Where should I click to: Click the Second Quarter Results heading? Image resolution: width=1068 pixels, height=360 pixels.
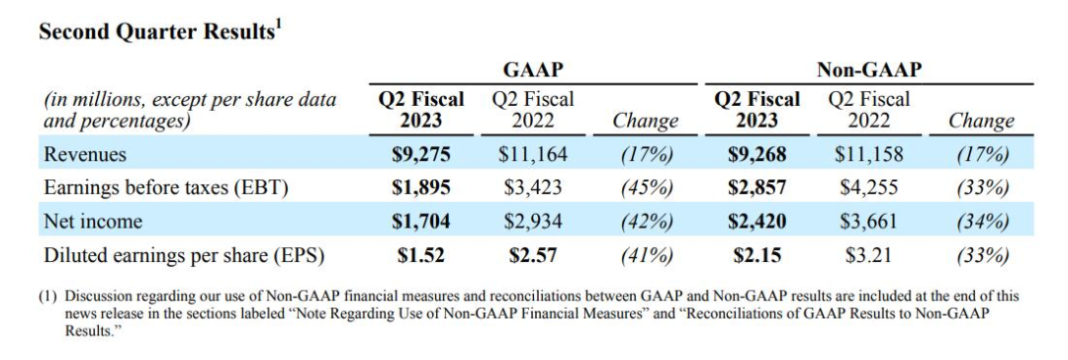(x=159, y=32)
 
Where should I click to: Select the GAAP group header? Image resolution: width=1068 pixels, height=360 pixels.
(x=533, y=70)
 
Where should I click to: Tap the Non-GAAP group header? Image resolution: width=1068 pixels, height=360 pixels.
(x=868, y=70)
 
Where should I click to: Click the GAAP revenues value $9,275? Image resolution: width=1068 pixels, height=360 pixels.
(x=421, y=154)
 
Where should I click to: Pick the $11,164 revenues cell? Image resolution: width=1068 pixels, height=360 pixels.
(x=533, y=154)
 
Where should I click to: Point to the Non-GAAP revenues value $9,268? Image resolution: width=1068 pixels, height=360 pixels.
(x=756, y=154)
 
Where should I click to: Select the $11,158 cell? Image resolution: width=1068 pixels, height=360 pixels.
(x=869, y=154)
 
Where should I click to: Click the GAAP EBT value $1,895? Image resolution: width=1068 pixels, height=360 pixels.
(x=421, y=188)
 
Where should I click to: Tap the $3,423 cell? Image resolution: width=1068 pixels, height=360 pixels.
(x=533, y=188)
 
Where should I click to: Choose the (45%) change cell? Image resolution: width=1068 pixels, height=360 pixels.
(x=646, y=188)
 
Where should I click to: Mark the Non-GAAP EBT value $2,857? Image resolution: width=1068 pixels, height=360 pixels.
(x=756, y=188)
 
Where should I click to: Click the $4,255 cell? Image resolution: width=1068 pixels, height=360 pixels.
(x=869, y=188)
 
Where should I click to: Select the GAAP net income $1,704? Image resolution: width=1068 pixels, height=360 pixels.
(x=421, y=222)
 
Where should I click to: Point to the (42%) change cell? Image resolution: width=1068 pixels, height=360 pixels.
(x=646, y=223)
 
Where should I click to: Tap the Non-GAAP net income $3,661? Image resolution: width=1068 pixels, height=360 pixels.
(x=869, y=222)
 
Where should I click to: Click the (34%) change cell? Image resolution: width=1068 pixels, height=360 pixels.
(x=982, y=223)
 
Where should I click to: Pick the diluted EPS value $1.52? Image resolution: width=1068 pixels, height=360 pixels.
(x=421, y=256)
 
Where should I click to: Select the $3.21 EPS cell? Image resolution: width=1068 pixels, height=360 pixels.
(x=869, y=256)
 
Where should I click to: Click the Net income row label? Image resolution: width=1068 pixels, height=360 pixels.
(x=93, y=222)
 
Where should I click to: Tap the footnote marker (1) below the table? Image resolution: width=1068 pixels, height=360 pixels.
(x=48, y=297)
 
